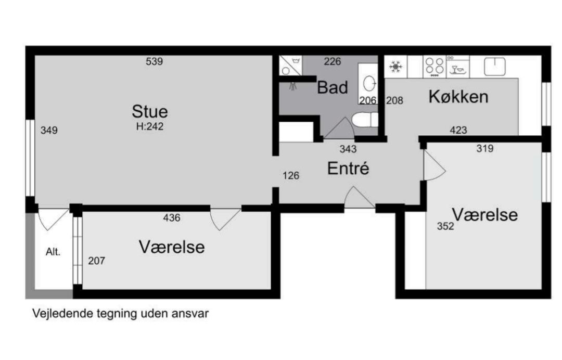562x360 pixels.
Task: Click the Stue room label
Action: (150, 111)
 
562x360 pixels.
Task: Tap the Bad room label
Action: (332, 87)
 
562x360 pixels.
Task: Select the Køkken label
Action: (458, 97)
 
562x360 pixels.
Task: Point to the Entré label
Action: (348, 169)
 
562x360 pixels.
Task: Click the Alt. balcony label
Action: (53, 252)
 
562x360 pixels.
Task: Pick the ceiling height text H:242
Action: (150, 126)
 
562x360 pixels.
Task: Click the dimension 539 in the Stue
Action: (154, 61)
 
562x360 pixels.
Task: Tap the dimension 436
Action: (172, 218)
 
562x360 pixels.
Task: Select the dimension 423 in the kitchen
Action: (458, 131)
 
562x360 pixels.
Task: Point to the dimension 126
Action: (291, 175)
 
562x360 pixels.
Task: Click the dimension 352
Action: (445, 226)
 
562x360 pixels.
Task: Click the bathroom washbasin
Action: (369, 83)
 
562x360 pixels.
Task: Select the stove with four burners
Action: (435, 66)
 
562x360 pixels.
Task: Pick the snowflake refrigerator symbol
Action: (395, 67)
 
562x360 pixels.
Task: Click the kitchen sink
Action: (495, 66)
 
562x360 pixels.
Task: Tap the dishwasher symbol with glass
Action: (458, 66)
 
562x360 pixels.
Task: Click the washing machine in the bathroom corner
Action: (290, 66)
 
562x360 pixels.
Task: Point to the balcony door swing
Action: (54, 219)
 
